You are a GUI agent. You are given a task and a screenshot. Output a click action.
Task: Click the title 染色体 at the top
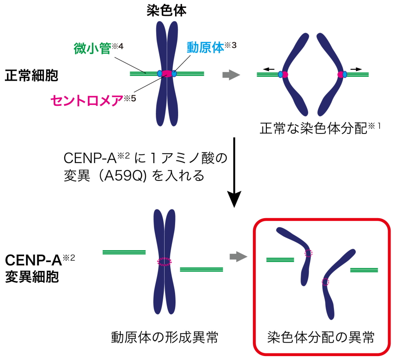(x=166, y=10)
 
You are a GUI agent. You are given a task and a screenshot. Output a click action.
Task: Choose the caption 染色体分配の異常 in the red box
(x=322, y=338)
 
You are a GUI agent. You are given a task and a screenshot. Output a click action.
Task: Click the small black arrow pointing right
(x=356, y=68)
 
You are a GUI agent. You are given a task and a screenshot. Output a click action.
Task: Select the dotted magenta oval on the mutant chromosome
(x=165, y=262)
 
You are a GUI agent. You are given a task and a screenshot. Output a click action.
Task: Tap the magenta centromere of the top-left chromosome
(x=167, y=74)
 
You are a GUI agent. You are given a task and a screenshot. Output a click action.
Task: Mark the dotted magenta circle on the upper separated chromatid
(x=309, y=253)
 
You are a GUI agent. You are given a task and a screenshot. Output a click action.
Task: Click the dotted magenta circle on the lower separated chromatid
(x=325, y=282)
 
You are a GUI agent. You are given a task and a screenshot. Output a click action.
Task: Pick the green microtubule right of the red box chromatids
(x=363, y=270)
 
